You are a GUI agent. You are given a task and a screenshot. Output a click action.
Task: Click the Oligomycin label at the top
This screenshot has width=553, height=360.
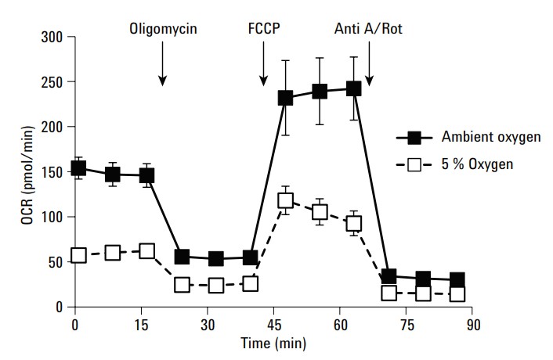(x=163, y=30)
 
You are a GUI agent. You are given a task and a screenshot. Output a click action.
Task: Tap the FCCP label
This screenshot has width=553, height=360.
(x=263, y=30)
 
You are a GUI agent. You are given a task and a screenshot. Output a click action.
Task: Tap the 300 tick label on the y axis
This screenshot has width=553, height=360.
(x=52, y=37)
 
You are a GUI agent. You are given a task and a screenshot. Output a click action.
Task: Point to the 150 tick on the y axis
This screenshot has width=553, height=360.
(x=52, y=172)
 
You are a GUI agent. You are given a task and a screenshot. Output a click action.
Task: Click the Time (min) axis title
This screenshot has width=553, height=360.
(x=274, y=344)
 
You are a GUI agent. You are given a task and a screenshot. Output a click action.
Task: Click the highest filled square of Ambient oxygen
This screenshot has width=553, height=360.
(x=353, y=88)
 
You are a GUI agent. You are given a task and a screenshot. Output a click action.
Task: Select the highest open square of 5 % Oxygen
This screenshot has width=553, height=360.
(x=286, y=201)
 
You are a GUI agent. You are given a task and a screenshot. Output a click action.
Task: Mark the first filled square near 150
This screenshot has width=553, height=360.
(x=78, y=168)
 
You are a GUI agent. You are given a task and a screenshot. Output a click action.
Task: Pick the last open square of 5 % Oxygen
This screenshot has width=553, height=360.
(x=457, y=294)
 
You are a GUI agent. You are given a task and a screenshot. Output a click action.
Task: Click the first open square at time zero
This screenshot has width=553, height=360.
(x=78, y=255)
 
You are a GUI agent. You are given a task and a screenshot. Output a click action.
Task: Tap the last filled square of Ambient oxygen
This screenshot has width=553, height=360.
(x=457, y=280)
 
